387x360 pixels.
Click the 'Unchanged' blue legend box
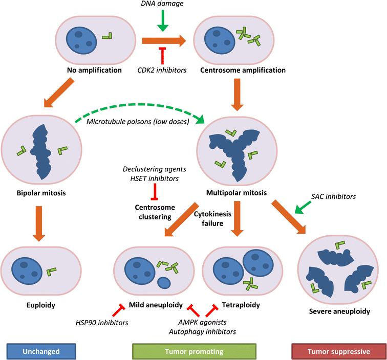click(41, 351)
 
